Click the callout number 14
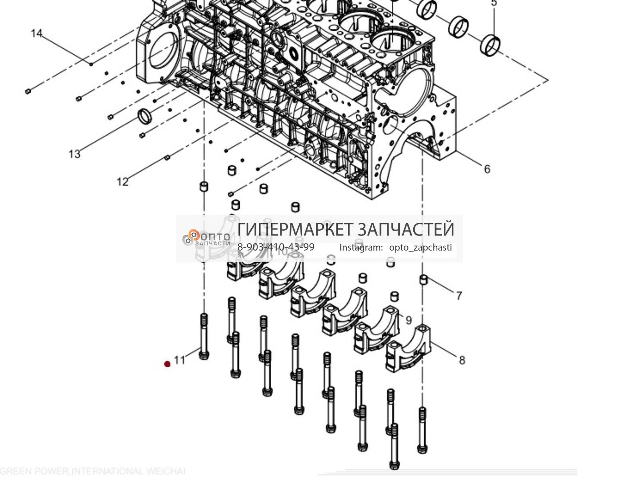pyautogui.click(x=36, y=33)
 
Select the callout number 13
pyautogui.click(x=75, y=154)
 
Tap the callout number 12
pyautogui.click(x=123, y=182)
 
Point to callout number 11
pyautogui.click(x=180, y=360)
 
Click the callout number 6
pyautogui.click(x=487, y=169)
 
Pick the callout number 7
pyautogui.click(x=459, y=296)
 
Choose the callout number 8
pyautogui.click(x=462, y=360)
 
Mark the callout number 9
pyautogui.click(x=408, y=320)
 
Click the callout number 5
pyautogui.click(x=494, y=3)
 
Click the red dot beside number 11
pyautogui.click(x=167, y=364)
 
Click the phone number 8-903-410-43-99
pyautogui.click(x=276, y=247)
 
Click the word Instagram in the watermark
pyautogui.click(x=361, y=247)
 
